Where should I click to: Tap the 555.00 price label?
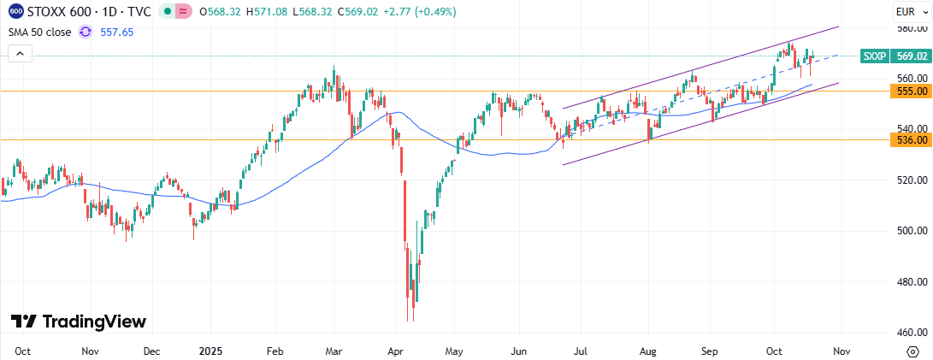[x=910, y=91]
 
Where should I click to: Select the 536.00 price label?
[x=910, y=140]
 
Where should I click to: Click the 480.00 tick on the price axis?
[x=910, y=281]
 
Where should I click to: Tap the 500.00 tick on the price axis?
[x=910, y=231]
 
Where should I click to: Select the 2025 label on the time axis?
[x=210, y=351]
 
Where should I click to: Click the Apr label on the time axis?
[x=395, y=351]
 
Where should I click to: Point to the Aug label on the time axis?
[x=647, y=351]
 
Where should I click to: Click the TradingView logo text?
[x=79, y=322]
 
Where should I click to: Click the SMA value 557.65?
[x=118, y=32]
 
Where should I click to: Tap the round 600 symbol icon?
[x=15, y=12]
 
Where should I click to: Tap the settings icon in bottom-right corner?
[x=912, y=351]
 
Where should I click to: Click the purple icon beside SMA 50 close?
[x=85, y=32]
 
